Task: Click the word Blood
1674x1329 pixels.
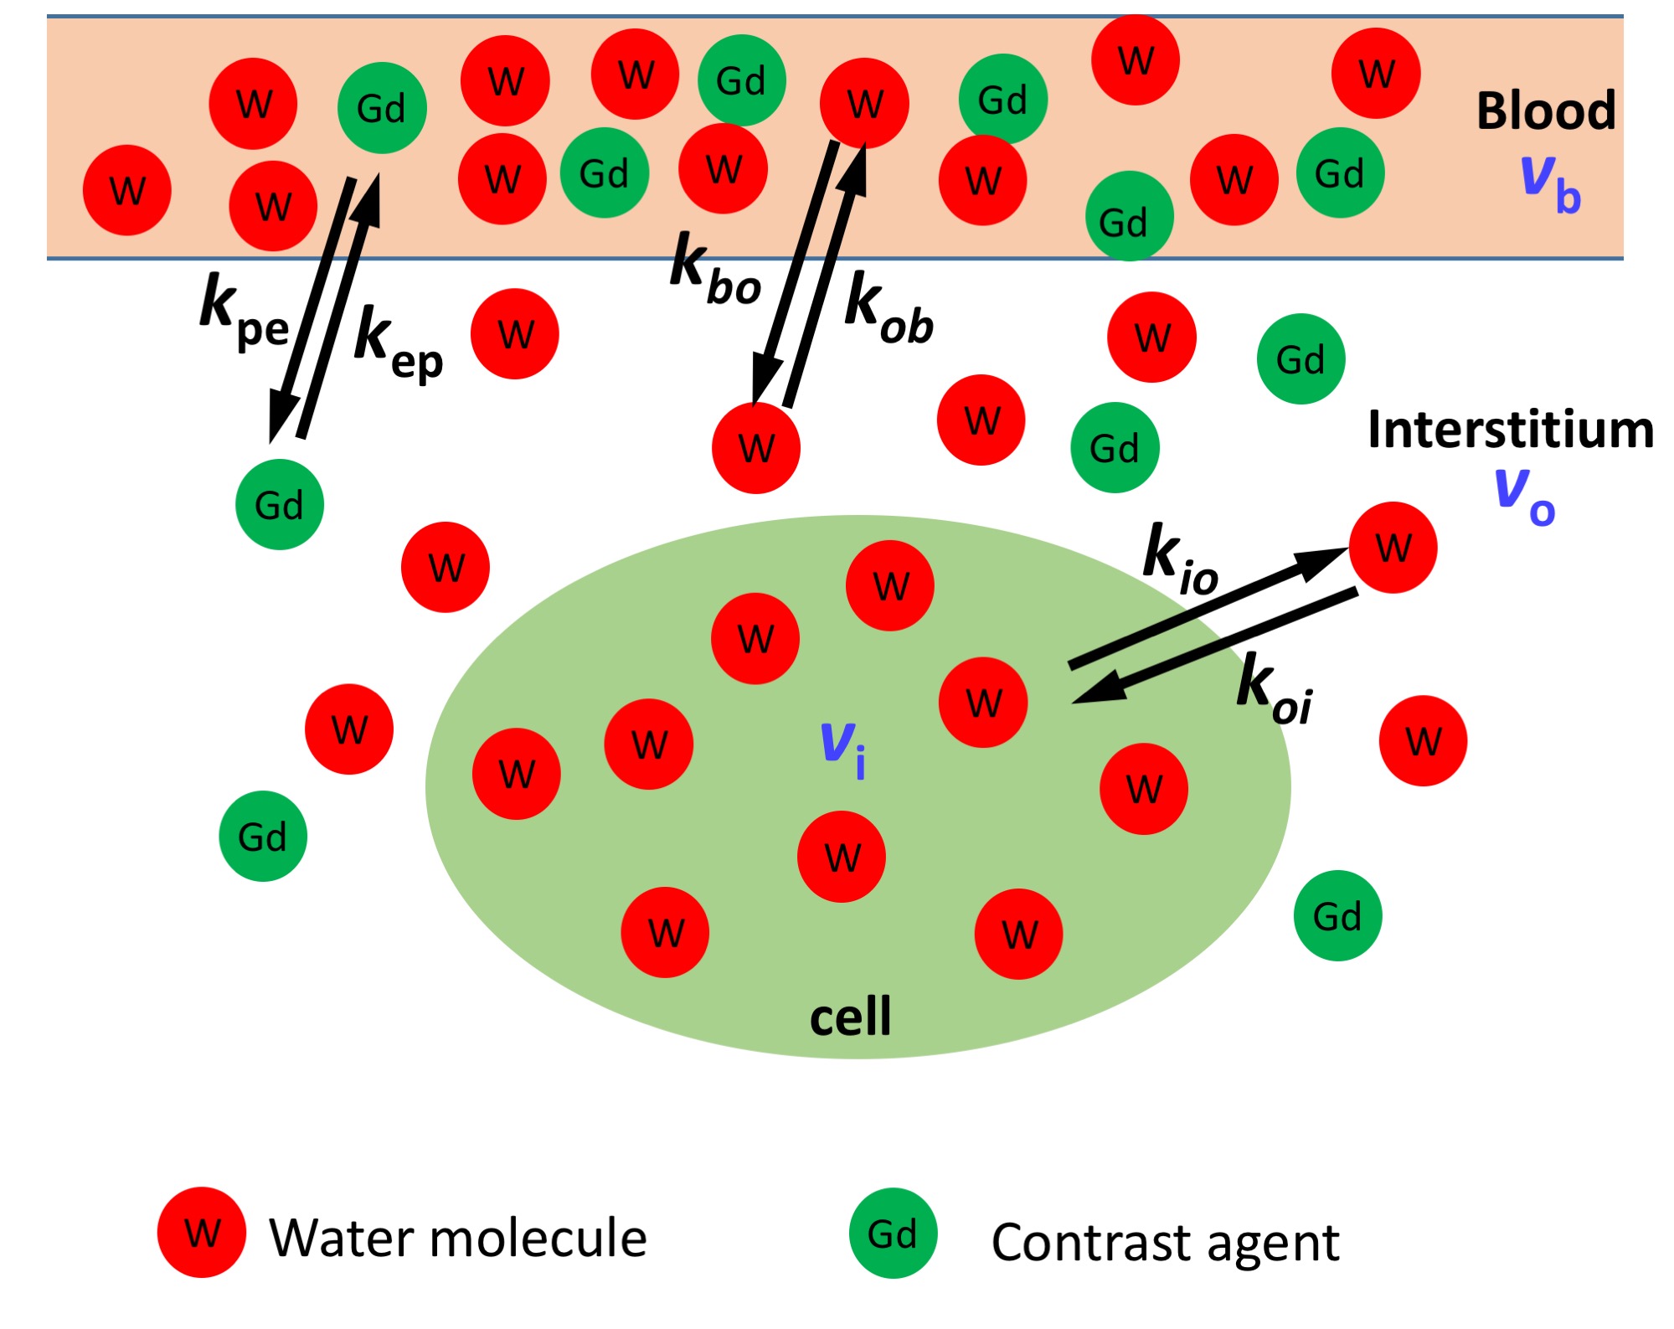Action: pos(1545,111)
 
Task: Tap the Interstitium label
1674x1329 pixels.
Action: pos(1511,430)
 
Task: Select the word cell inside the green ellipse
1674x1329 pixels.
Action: pos(850,1017)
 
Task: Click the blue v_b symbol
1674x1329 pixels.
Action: pos(1549,184)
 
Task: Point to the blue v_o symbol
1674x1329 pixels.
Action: pos(1524,496)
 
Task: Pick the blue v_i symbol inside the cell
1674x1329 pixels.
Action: pos(842,748)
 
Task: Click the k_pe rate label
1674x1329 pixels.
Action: pos(244,312)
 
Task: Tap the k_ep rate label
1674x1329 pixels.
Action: pos(399,344)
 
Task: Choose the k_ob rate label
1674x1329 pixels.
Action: pos(889,311)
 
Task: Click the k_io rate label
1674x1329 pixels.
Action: pos(1181,559)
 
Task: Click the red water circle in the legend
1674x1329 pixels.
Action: pos(202,1232)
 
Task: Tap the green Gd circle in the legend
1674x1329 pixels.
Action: pos(893,1233)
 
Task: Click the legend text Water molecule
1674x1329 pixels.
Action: pos(458,1238)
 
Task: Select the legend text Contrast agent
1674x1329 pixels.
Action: pos(1165,1242)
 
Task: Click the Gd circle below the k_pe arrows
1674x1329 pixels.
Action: pos(279,504)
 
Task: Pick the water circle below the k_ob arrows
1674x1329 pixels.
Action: pos(756,448)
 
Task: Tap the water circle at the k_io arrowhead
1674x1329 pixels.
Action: pos(1393,548)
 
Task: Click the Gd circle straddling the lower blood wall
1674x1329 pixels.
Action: pos(1129,217)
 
